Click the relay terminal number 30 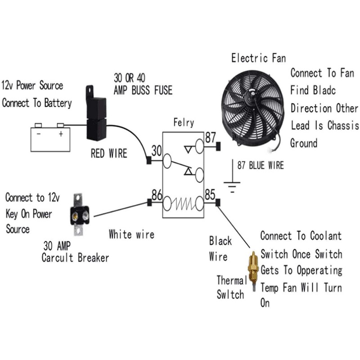pyautogui.click(x=156, y=150)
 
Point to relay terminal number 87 pyautogui.click(x=211, y=137)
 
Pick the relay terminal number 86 pyautogui.click(x=157, y=195)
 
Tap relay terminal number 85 pyautogui.click(x=210, y=195)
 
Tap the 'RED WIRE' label pyautogui.click(x=109, y=154)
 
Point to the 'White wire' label pyautogui.click(x=131, y=234)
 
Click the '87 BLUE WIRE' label pyautogui.click(x=261, y=166)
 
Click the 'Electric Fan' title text pyautogui.click(x=258, y=58)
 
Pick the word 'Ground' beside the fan pyautogui.click(x=304, y=144)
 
